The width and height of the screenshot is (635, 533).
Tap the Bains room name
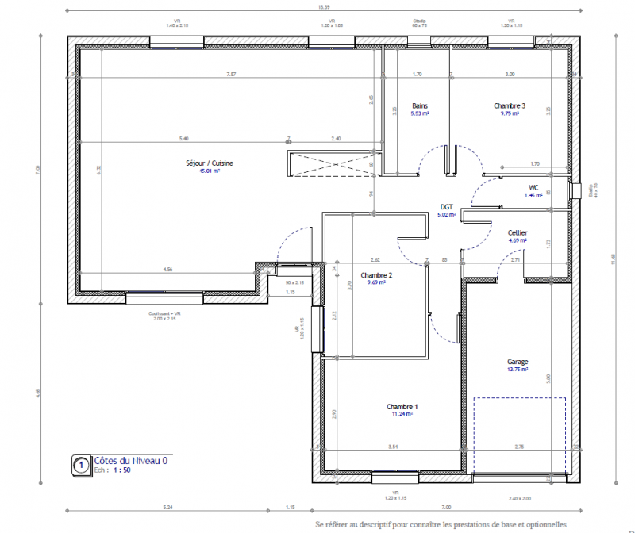(x=420, y=105)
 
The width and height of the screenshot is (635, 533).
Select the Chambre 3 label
(x=510, y=105)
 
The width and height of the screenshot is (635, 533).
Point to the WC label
(x=533, y=188)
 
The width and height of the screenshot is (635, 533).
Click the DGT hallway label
(x=447, y=206)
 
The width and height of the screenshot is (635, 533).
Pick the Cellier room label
(x=518, y=232)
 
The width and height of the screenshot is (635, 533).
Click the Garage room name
(x=518, y=362)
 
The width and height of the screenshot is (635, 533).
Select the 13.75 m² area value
(x=518, y=370)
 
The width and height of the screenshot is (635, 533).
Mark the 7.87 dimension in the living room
(x=231, y=74)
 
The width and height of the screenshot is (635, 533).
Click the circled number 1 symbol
(x=80, y=465)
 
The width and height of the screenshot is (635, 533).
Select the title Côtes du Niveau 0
(x=131, y=460)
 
